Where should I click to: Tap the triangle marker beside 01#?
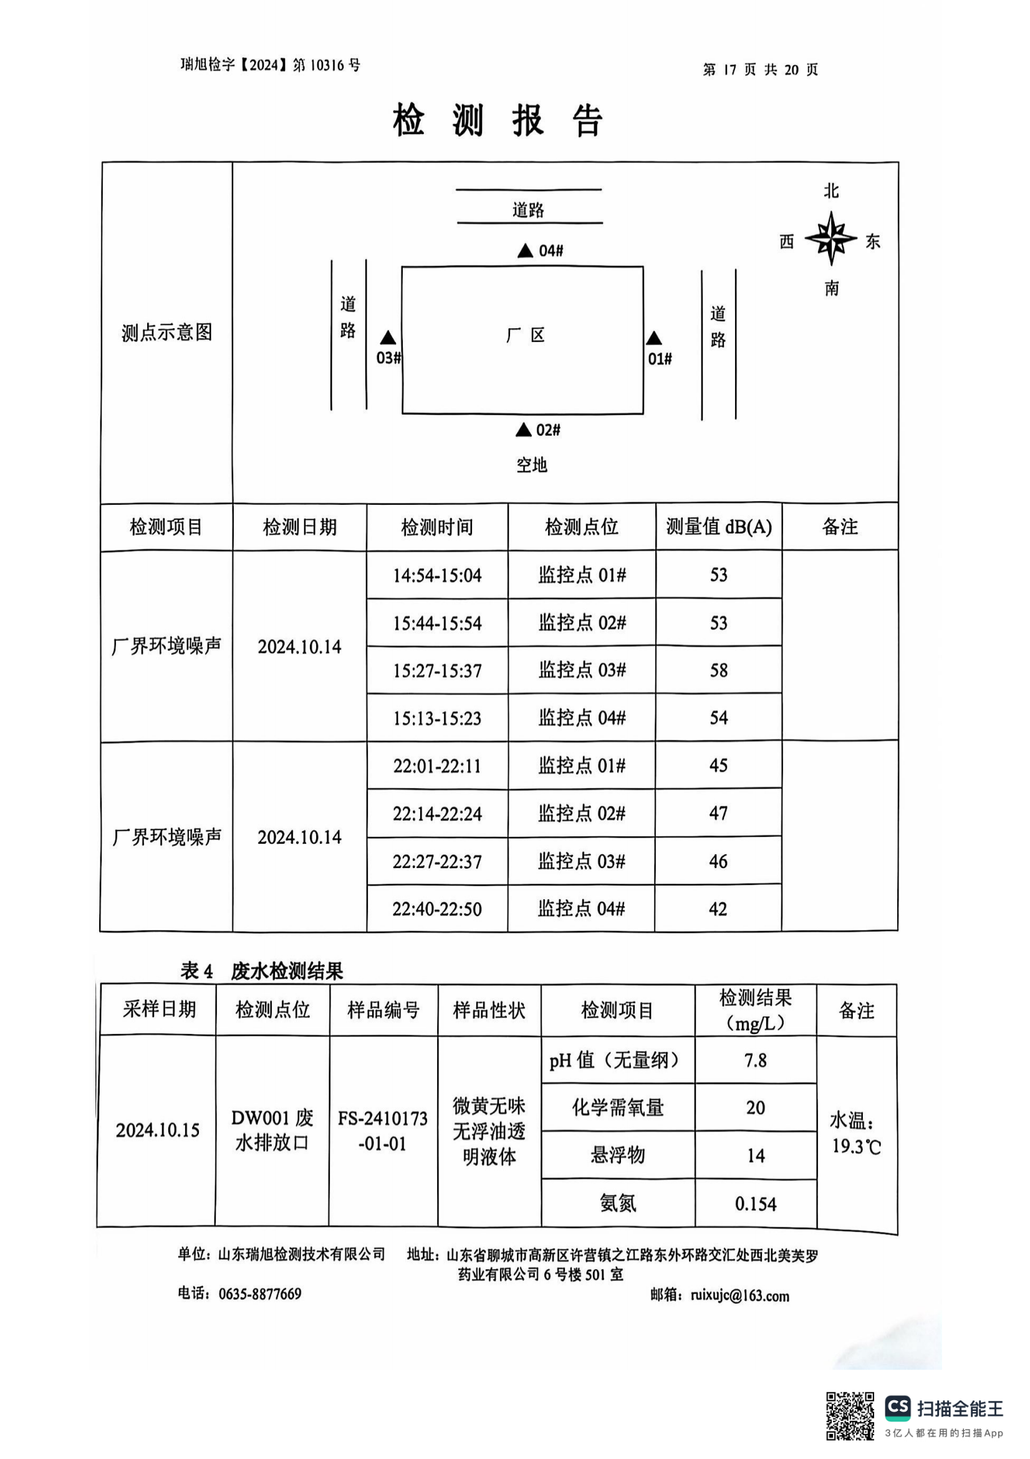pyautogui.click(x=654, y=339)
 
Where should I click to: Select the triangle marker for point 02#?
pyautogui.click(x=523, y=430)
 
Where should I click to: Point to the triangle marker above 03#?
pyautogui.click(x=388, y=338)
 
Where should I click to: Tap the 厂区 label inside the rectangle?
pyautogui.click(x=525, y=335)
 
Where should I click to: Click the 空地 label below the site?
pyautogui.click(x=531, y=465)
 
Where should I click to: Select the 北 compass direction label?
pyautogui.click(x=831, y=192)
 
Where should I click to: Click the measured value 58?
pyautogui.click(x=718, y=670)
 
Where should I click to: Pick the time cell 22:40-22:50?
pyautogui.click(x=437, y=909)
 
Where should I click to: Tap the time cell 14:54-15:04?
pyautogui.click(x=437, y=576)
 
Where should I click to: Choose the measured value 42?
pyautogui.click(x=718, y=909)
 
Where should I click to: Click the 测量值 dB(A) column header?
pyautogui.click(x=718, y=527)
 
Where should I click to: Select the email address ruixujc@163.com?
pyautogui.click(x=740, y=1296)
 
